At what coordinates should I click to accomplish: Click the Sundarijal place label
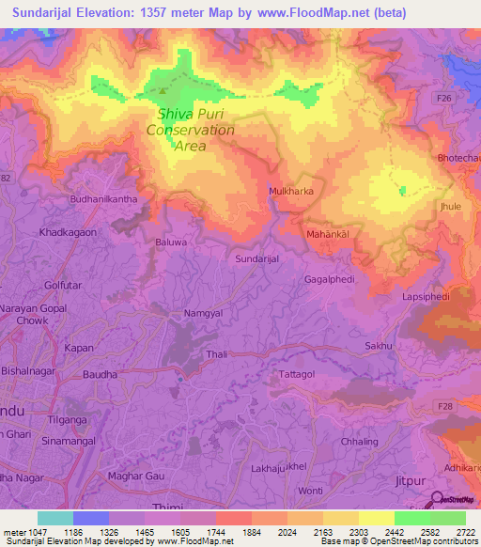tap(257, 257)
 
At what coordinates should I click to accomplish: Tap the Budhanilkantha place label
tap(103, 199)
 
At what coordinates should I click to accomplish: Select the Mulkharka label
tap(291, 191)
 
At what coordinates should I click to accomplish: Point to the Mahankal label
tap(328, 232)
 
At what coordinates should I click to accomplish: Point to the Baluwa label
tap(171, 242)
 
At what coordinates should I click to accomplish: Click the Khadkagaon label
tap(68, 231)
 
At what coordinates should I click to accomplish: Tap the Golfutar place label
tap(63, 285)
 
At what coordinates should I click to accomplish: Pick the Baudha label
tap(100, 374)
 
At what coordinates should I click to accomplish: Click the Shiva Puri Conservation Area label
tap(195, 130)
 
